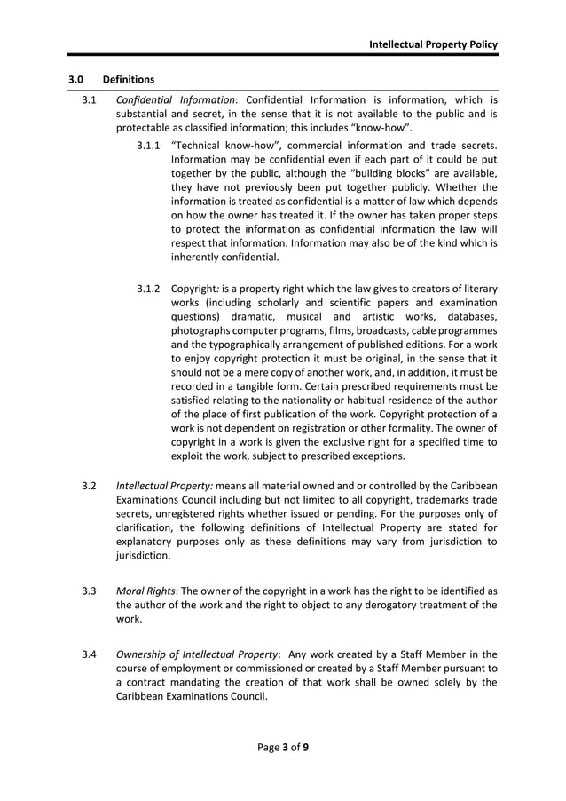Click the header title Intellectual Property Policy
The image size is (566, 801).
433,44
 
